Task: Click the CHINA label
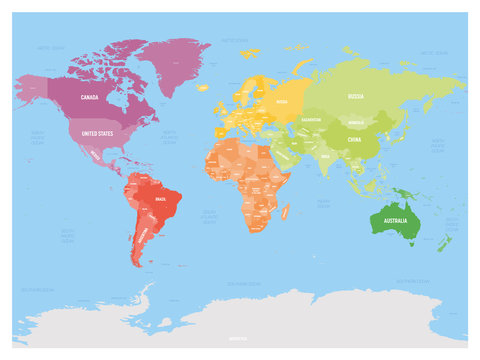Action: [x=354, y=141]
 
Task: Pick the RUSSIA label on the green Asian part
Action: [x=355, y=97]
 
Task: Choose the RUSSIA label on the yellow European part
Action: [x=282, y=101]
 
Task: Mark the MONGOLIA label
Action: [x=356, y=122]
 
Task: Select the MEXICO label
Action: [x=93, y=156]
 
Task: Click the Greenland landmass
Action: [x=180, y=60]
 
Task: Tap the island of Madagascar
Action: [x=286, y=212]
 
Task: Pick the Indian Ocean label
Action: [x=323, y=203]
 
